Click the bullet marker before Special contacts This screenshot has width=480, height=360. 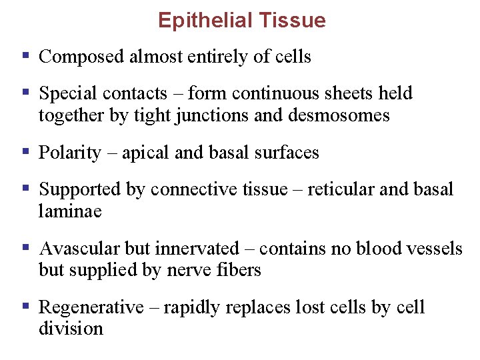[26, 91]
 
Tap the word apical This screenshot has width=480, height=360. [143, 153]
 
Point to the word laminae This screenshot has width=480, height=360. [70, 211]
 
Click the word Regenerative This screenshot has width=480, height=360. [91, 307]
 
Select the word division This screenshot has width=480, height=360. [71, 329]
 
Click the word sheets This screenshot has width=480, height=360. [353, 94]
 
